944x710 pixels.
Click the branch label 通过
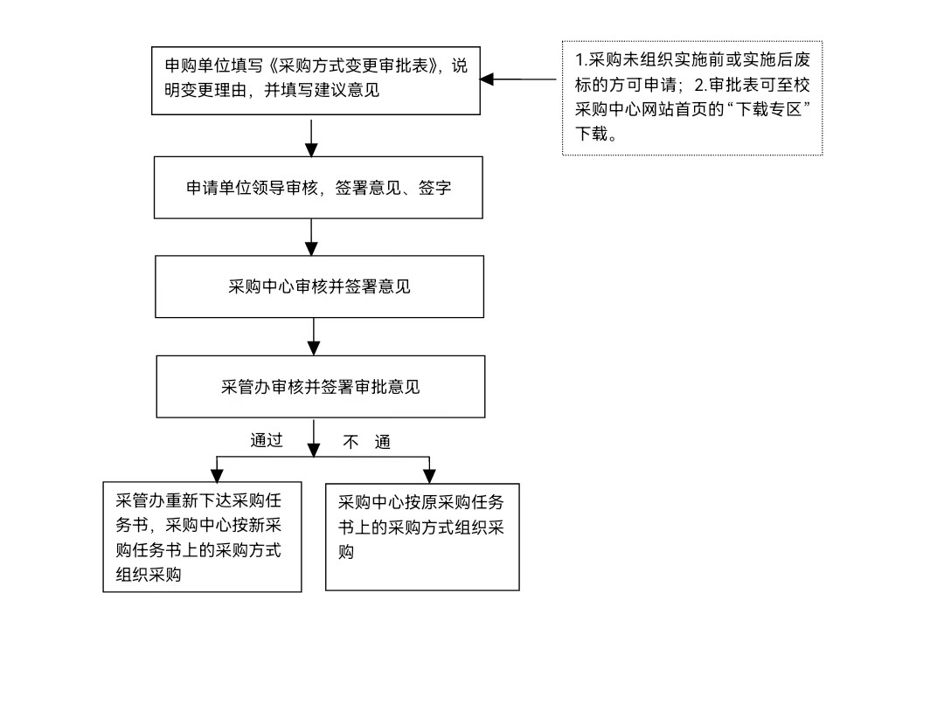266,440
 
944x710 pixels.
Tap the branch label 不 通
366,442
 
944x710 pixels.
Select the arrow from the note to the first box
517,79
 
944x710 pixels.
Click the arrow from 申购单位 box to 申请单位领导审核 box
311,138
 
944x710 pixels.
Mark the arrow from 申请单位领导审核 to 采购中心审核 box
311,237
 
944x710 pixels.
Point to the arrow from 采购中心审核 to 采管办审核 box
314,336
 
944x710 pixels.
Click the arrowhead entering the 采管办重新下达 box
217,476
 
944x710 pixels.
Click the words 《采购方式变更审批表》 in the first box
353,65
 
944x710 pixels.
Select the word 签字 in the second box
434,188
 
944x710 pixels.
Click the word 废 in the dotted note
802,59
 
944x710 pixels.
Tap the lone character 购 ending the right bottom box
345,552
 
